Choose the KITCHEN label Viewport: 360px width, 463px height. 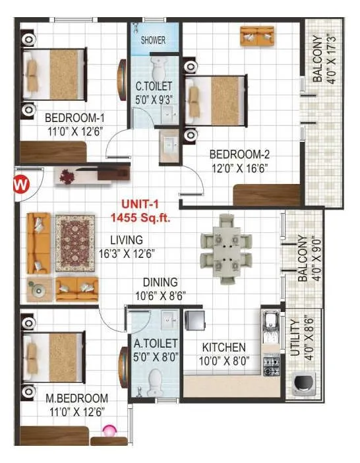224,347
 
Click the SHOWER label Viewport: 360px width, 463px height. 154,40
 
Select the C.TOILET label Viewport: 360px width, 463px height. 154,86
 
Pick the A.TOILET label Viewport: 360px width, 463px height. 156,343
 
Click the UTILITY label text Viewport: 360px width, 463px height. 295,338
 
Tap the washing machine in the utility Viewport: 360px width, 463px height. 304,383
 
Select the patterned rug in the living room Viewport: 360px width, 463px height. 75,244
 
